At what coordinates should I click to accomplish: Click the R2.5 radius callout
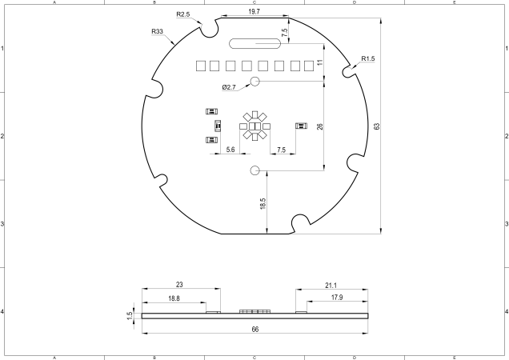click(x=183, y=14)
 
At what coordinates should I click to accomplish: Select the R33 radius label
click(x=158, y=31)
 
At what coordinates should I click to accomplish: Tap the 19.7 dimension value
click(x=253, y=12)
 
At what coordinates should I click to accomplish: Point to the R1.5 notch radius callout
click(x=369, y=58)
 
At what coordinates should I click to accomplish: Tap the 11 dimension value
click(x=319, y=62)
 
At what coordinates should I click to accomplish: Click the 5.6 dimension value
click(x=230, y=150)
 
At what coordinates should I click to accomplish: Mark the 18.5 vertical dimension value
click(x=263, y=204)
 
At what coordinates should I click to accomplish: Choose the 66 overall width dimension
click(x=254, y=329)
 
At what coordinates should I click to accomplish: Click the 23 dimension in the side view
click(x=180, y=285)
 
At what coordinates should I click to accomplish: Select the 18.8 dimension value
click(x=174, y=298)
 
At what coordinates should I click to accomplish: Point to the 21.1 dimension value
click(x=331, y=285)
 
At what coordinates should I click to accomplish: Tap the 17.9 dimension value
click(x=336, y=298)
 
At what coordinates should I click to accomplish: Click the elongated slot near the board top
click(x=252, y=43)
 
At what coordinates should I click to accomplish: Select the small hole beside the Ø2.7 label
click(x=255, y=82)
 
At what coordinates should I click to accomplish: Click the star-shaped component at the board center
click(x=254, y=126)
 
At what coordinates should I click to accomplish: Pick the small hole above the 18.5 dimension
click(x=255, y=170)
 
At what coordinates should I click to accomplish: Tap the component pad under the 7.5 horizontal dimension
click(x=301, y=126)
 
